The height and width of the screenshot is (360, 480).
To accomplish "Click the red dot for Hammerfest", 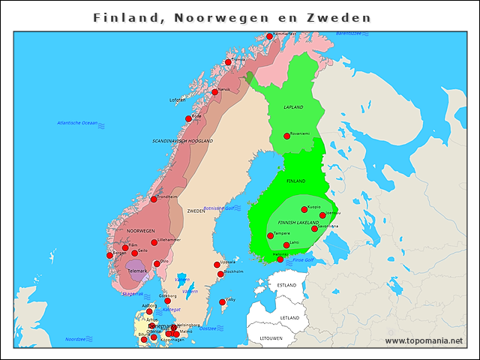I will (269, 36).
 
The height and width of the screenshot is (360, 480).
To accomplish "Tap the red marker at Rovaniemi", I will (286, 136).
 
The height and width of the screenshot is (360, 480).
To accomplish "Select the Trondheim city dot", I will (154, 199).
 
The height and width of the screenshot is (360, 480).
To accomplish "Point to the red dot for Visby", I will (222, 302).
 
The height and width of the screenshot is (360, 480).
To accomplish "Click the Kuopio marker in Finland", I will (304, 209).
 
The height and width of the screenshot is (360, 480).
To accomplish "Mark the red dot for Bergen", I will (110, 255).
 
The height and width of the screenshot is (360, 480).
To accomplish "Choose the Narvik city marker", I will (215, 91).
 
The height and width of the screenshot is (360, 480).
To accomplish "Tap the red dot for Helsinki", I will (280, 259).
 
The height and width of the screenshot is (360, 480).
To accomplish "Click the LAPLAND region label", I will (293, 107).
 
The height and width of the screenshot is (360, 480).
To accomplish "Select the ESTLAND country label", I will (286, 286).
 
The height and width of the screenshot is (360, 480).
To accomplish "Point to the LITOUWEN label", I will (271, 338).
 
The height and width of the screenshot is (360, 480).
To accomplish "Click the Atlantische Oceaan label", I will (77, 122).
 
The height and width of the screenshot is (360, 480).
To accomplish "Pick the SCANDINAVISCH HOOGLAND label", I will (183, 140).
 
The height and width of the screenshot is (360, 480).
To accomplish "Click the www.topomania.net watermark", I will (424, 340).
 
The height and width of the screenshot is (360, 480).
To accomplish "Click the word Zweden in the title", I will (341, 17).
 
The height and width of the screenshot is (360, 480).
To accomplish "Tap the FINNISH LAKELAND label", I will (298, 223).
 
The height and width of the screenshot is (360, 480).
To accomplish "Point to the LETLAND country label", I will (289, 318).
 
